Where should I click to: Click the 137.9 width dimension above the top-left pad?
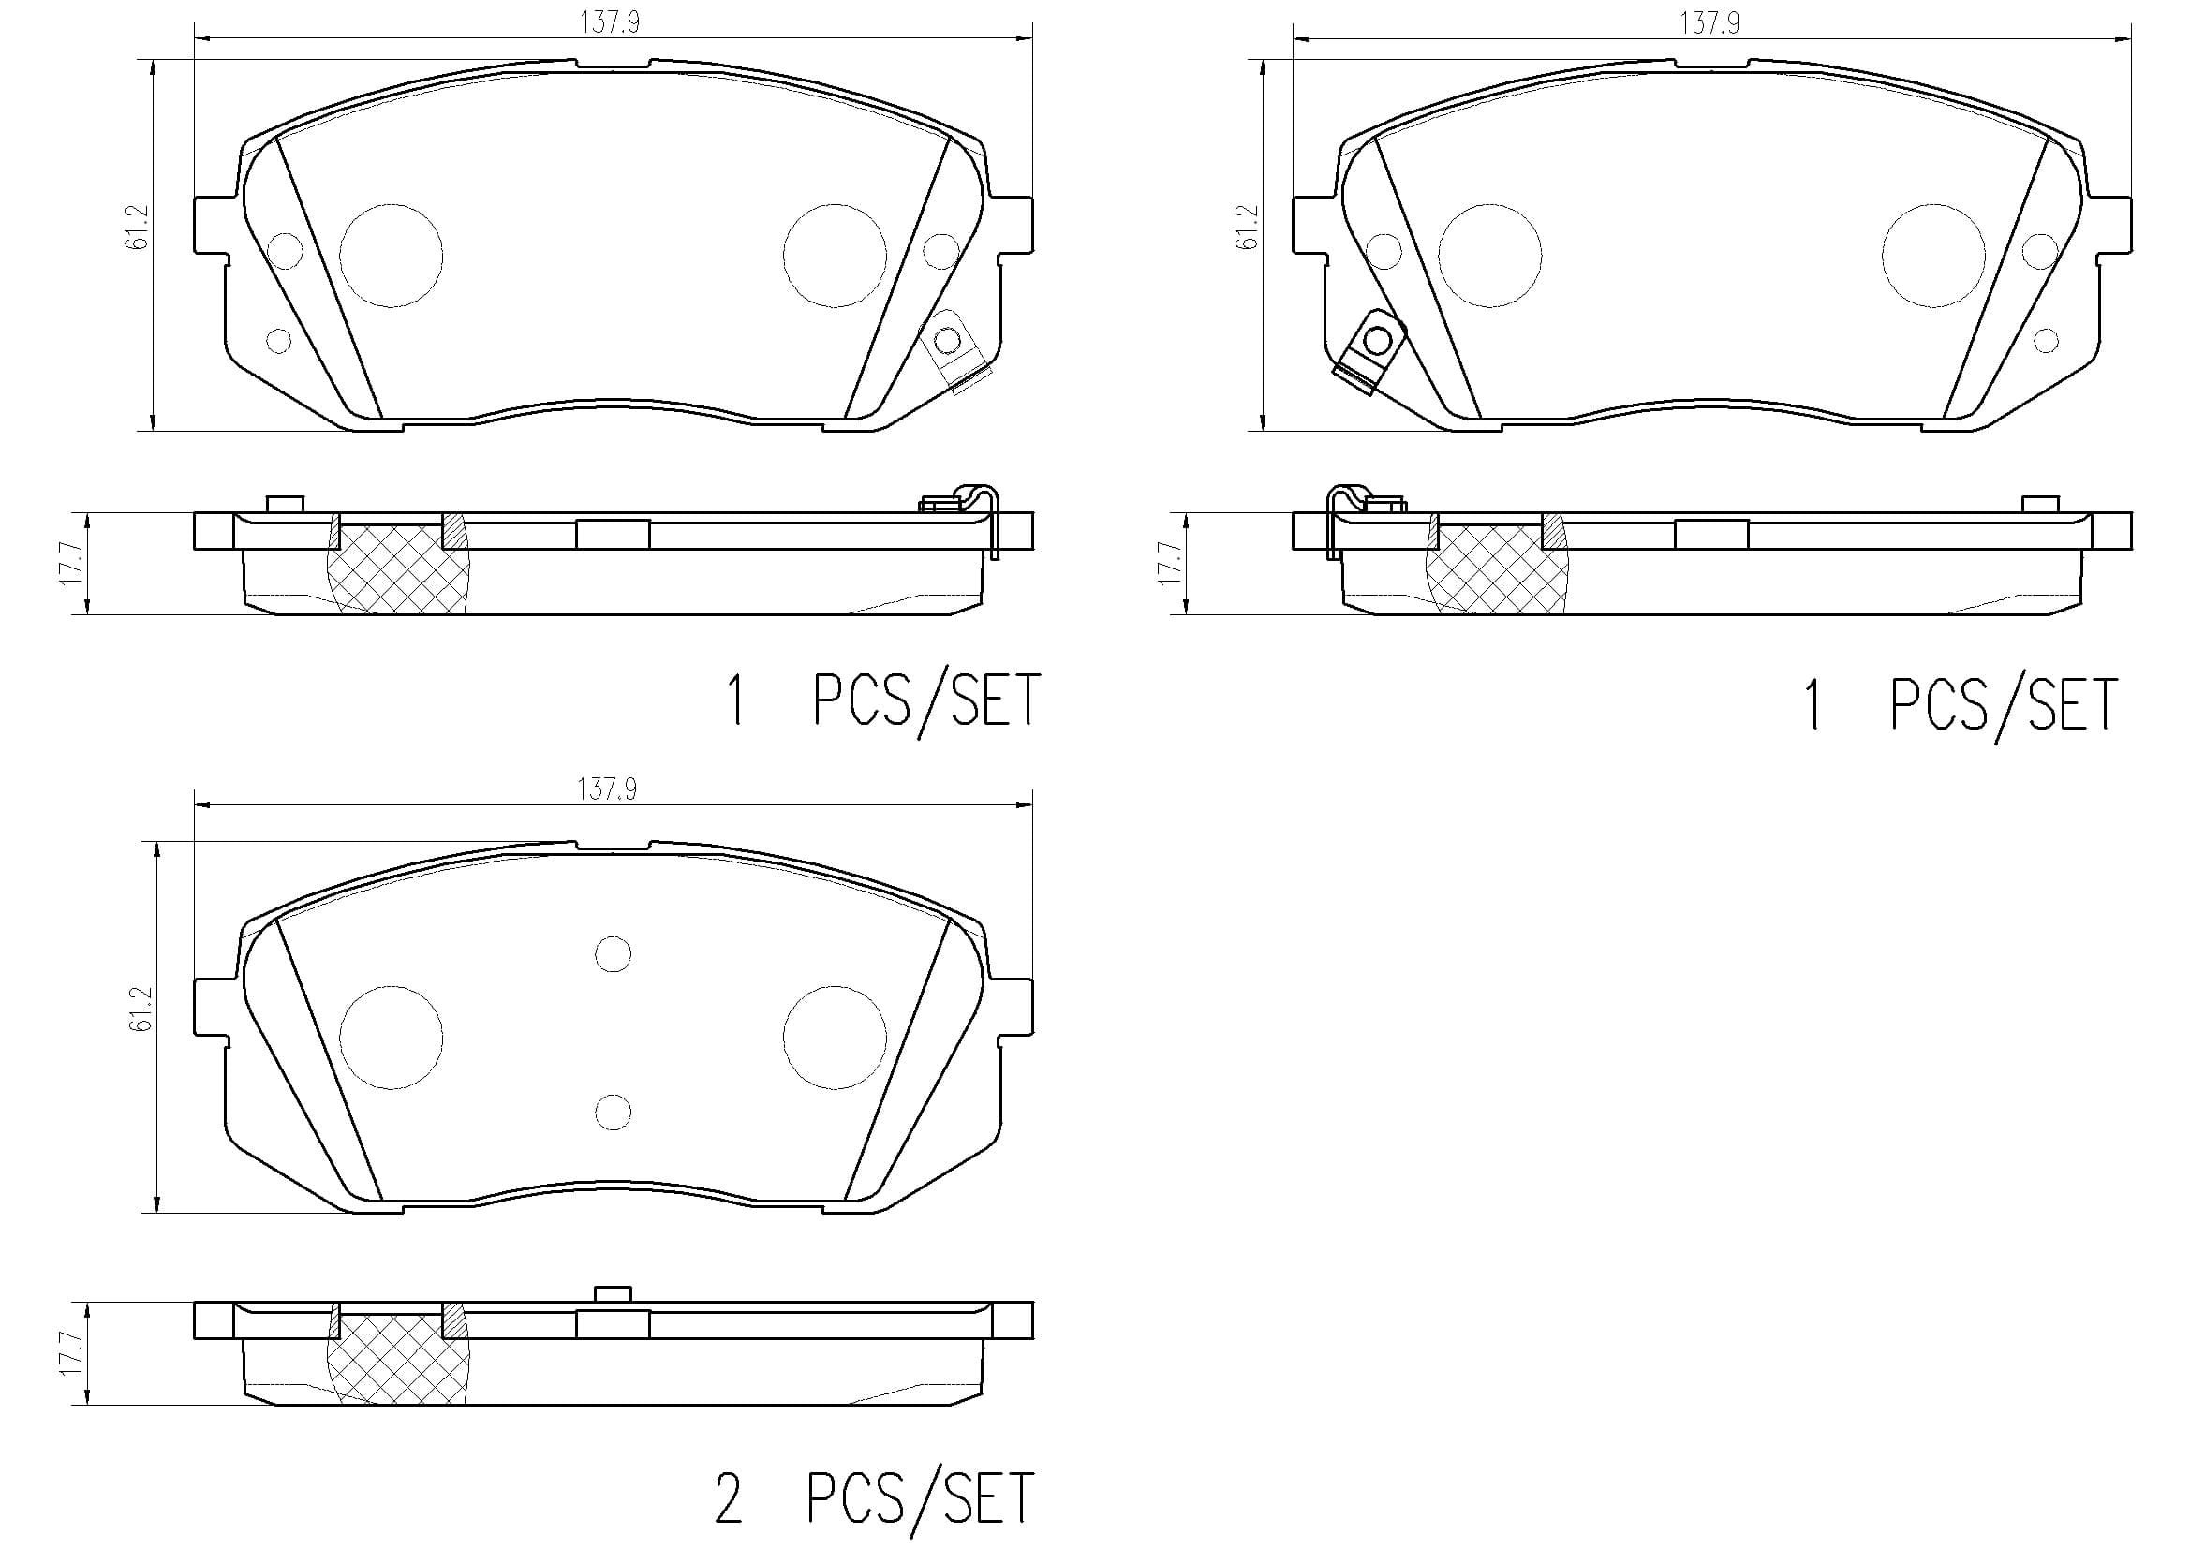pyautogui.click(x=611, y=22)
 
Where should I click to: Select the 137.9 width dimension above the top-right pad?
pyautogui.click(x=1709, y=22)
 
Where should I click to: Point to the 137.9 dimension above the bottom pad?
pyautogui.click(x=607, y=789)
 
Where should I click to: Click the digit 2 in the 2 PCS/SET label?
pyautogui.click(x=728, y=1500)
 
